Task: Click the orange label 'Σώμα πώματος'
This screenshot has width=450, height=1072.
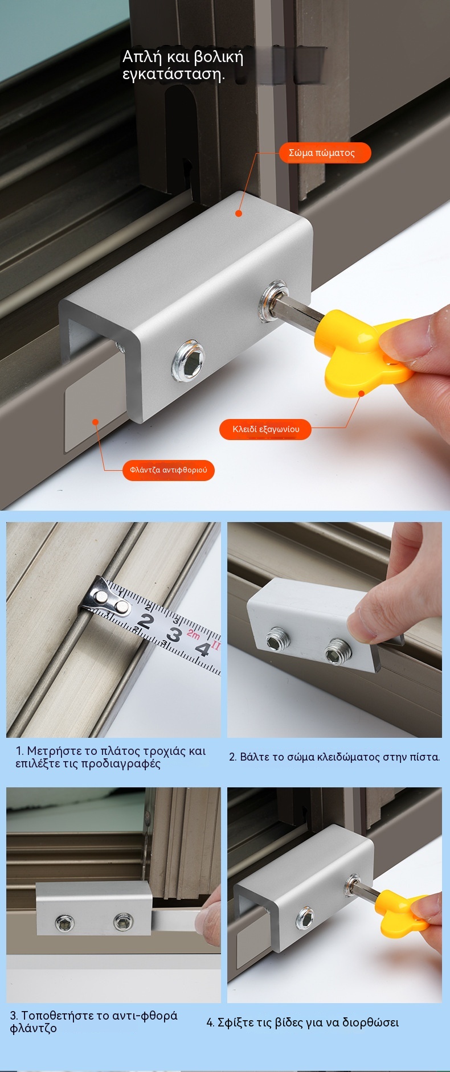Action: (x=325, y=153)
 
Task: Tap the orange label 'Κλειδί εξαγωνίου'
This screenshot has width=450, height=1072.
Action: (x=265, y=429)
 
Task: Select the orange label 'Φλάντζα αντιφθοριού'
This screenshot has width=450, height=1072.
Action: (x=169, y=470)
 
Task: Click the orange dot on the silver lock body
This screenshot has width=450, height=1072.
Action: (x=239, y=213)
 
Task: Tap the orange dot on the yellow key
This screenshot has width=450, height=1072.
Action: (x=361, y=393)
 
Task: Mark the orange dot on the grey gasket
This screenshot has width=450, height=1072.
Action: (x=96, y=422)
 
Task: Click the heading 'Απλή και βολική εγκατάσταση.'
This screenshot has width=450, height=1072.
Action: (x=183, y=65)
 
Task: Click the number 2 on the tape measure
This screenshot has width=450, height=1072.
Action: (x=145, y=621)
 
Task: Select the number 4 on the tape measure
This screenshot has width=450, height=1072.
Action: (x=202, y=648)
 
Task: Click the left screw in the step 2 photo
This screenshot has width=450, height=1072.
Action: (x=278, y=641)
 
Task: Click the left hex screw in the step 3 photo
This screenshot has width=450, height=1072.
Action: (x=65, y=923)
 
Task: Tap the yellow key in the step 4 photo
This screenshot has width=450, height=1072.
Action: (x=406, y=909)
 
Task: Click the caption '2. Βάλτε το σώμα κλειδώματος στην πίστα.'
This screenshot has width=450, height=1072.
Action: (x=334, y=757)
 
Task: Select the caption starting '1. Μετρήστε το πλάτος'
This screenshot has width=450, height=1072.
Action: (x=111, y=757)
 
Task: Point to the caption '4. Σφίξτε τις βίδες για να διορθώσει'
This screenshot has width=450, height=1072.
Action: (x=302, y=1022)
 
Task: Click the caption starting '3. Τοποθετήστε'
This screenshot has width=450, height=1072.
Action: (x=94, y=1022)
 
